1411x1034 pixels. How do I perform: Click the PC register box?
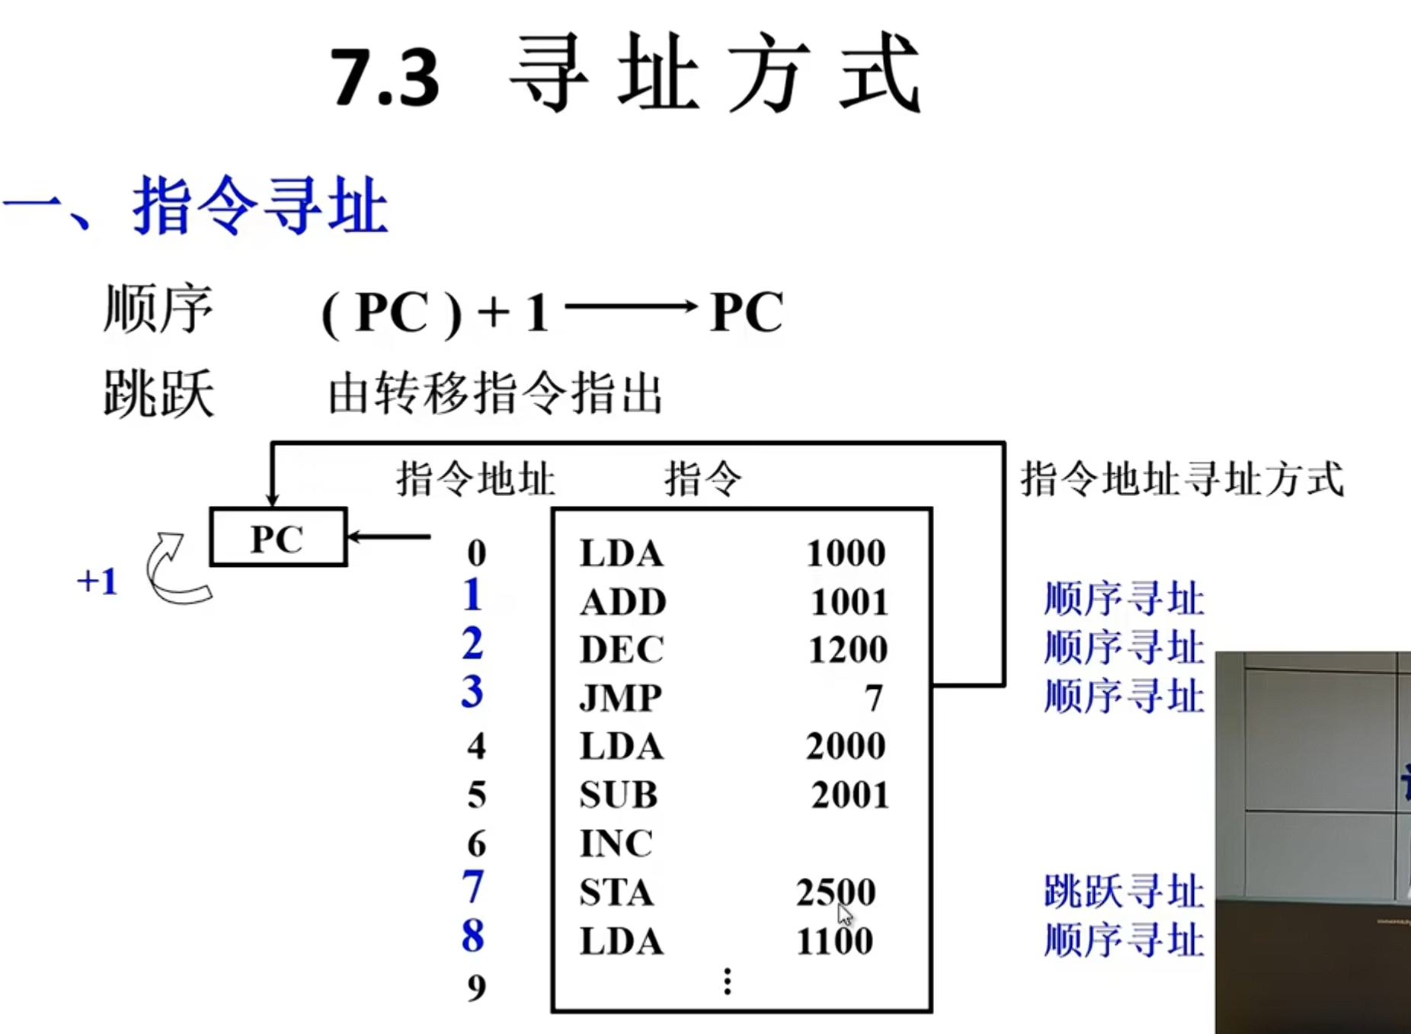point(278,537)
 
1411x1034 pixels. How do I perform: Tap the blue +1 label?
point(98,581)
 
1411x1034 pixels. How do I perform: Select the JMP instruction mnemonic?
point(620,697)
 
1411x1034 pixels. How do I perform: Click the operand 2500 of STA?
point(836,892)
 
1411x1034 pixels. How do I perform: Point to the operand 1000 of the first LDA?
point(846,553)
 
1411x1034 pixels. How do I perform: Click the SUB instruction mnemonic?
point(618,795)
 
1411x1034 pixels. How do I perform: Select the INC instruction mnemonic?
point(616,844)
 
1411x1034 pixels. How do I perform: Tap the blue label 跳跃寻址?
point(1124,892)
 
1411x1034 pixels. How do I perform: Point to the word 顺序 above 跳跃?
point(158,309)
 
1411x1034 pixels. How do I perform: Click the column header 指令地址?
point(475,480)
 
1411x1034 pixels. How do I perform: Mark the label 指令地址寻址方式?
point(1182,480)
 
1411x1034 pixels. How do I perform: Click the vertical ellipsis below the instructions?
point(728,981)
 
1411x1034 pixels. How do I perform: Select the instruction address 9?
point(477,988)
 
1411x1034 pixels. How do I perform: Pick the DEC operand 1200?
point(847,650)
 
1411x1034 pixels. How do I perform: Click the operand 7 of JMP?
point(873,698)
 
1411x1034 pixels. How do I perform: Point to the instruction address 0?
point(477,553)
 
